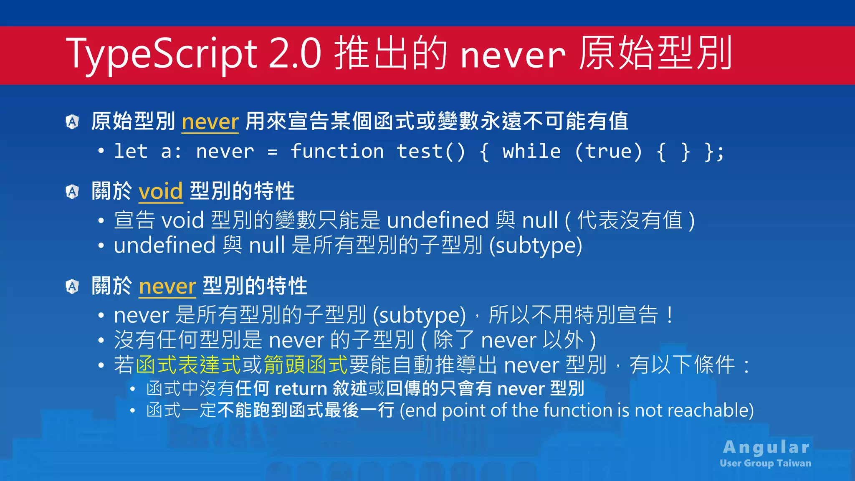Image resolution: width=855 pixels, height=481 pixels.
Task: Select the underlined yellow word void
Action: pos(161,192)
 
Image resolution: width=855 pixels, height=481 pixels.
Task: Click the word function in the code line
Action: pos(337,151)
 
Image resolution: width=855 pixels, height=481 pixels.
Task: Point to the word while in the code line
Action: pos(531,151)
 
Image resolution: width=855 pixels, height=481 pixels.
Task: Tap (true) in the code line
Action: pos(608,151)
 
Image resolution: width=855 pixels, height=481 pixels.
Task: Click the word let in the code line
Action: pos(131,151)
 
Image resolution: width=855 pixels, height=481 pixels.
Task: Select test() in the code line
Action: pos(430,151)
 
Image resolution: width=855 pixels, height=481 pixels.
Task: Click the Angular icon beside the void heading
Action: pos(73,192)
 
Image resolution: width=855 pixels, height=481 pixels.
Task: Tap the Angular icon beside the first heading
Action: pos(73,122)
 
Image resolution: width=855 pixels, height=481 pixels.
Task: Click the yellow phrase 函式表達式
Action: pos(189,365)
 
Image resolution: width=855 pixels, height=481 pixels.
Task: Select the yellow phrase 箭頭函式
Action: pos(306,365)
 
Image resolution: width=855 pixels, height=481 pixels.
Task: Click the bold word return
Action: pos(301,389)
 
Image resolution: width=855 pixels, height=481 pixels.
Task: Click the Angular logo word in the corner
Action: pos(766,448)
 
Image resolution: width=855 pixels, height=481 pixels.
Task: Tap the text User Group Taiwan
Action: pos(766,463)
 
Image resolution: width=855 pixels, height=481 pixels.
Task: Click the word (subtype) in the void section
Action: pos(536,246)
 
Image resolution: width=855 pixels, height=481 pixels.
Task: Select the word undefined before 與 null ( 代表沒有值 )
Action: pos(438,220)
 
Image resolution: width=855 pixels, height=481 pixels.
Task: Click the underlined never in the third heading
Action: pos(167,286)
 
